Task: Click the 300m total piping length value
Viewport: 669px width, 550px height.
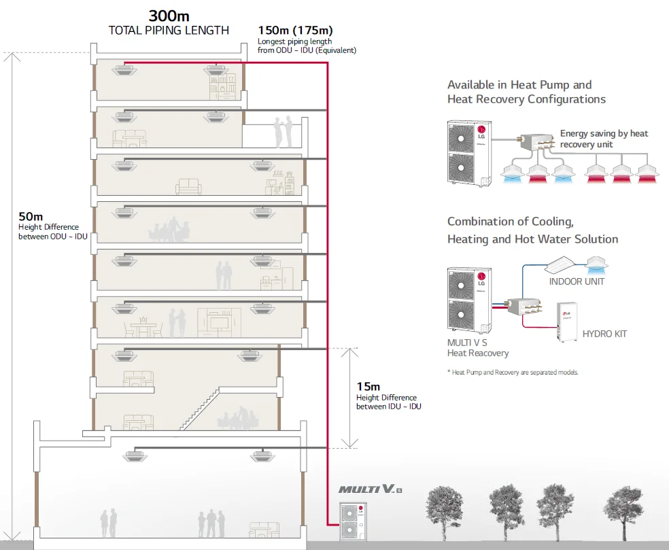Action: pos(168,16)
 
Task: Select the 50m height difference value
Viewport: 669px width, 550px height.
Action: pos(30,216)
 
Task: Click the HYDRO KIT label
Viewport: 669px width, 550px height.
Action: pos(604,334)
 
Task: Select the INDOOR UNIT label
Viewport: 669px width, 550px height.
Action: pos(576,281)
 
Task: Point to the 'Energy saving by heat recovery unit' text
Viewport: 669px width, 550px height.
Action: pos(604,139)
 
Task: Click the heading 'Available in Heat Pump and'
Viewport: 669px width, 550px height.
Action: pos(519,85)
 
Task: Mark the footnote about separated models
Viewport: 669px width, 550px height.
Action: pos(513,373)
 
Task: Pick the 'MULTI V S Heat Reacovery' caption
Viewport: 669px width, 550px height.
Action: pos(477,347)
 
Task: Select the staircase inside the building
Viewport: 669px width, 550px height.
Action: pos(205,409)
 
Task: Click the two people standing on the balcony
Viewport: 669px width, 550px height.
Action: pos(282,131)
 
